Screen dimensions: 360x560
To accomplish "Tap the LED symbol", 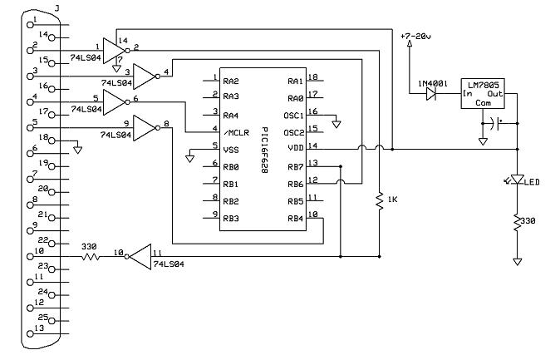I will tap(517, 180).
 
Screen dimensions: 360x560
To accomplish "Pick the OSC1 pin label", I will tap(293, 115).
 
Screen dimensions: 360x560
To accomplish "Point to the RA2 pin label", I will tap(233, 81).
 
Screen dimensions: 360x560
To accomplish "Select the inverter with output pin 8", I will tap(144, 129).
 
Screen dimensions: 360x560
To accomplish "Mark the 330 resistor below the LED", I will tap(517, 222).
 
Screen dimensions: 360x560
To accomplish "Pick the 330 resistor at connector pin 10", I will tap(91, 257).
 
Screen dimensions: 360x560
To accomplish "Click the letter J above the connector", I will tap(56, 7).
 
